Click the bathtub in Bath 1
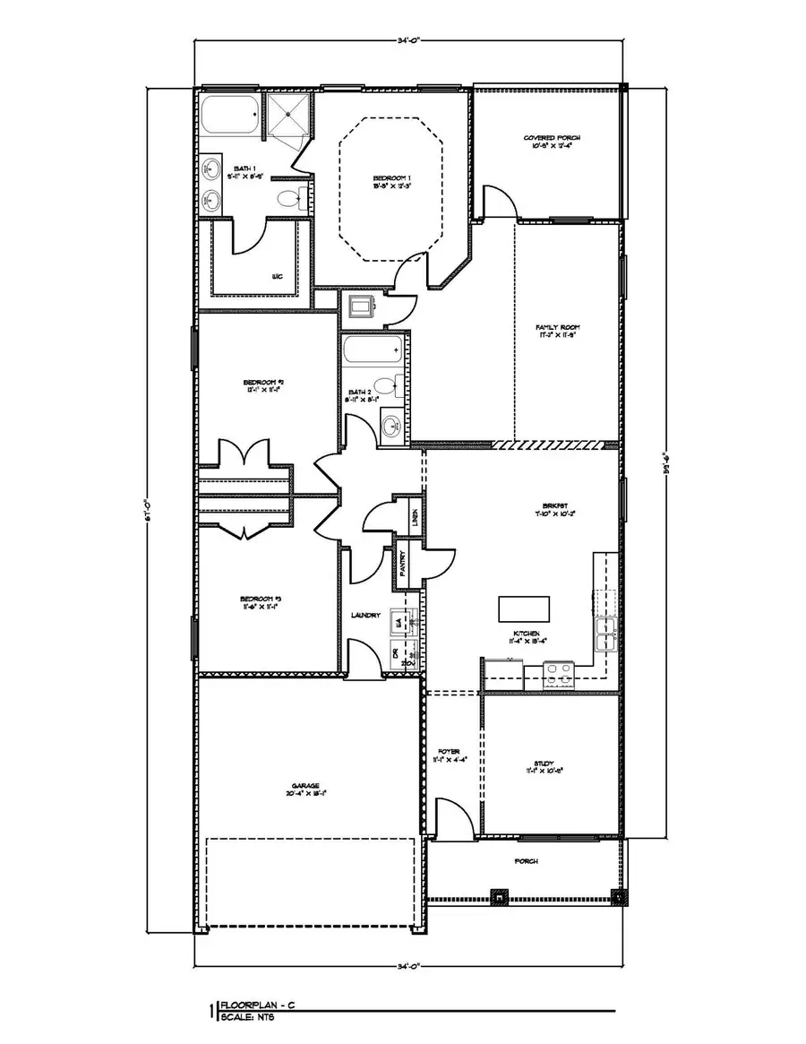coord(230,117)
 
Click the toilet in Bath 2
coord(386,387)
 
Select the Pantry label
coord(404,563)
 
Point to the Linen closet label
coord(415,514)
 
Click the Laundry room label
coord(367,616)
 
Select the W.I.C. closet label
coord(279,277)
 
